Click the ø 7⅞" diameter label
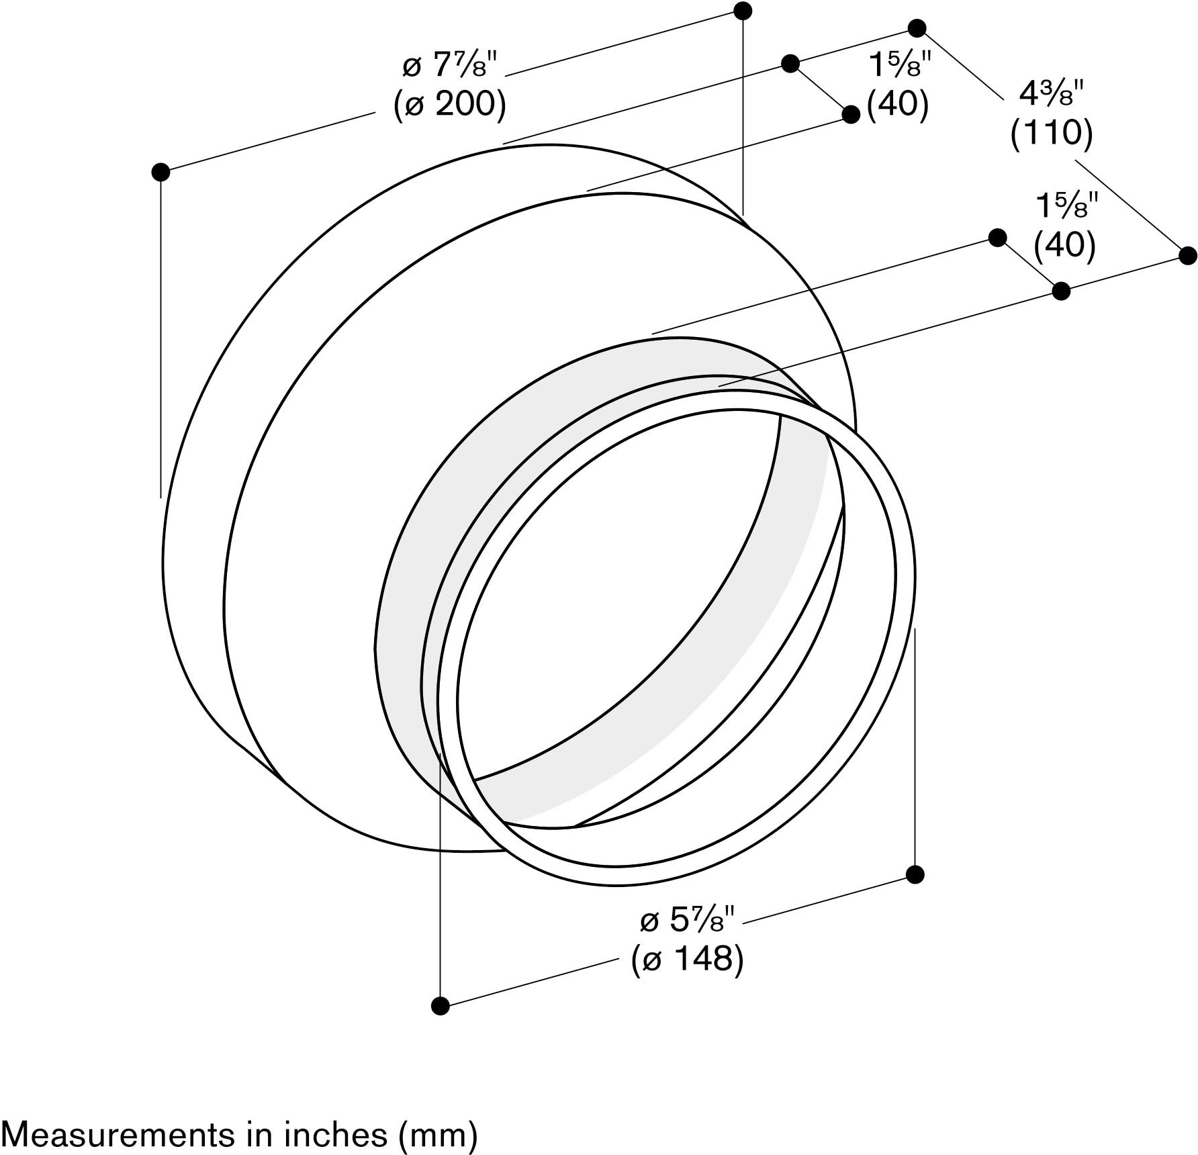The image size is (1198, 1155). tap(449, 66)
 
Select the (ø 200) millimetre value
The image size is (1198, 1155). tap(449, 104)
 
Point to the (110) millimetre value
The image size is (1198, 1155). tap(1052, 133)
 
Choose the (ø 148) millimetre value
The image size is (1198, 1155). tap(688, 959)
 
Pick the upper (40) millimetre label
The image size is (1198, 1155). tap(898, 104)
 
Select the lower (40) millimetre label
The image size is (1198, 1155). tap(1065, 244)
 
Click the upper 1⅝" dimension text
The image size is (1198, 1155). tap(900, 65)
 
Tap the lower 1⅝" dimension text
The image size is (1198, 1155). tap(1067, 205)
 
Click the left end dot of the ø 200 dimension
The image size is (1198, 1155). tap(160, 172)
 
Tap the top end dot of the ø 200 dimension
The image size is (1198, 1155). tap(743, 11)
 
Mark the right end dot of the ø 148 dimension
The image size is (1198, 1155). tap(915, 874)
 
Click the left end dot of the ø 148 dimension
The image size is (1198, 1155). tap(440, 1006)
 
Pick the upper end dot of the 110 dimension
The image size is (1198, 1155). tap(917, 28)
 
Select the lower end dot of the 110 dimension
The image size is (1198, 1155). tap(1188, 255)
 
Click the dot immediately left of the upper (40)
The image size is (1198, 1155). tap(851, 114)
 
